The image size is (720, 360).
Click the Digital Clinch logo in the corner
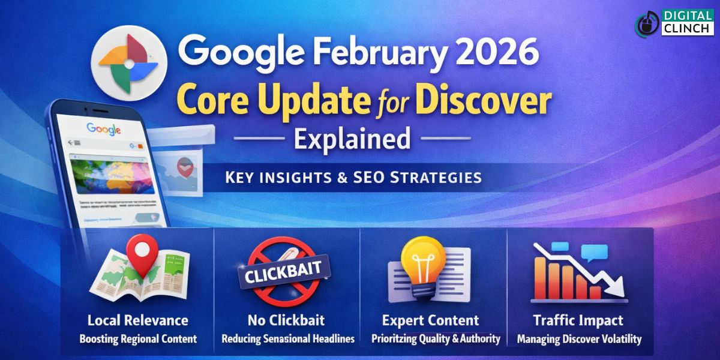[674, 23]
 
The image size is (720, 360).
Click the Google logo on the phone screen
[104, 128]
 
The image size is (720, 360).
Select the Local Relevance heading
[138, 320]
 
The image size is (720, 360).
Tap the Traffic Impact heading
[578, 320]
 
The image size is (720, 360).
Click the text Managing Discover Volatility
[578, 339]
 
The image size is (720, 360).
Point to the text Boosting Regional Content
[138, 339]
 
